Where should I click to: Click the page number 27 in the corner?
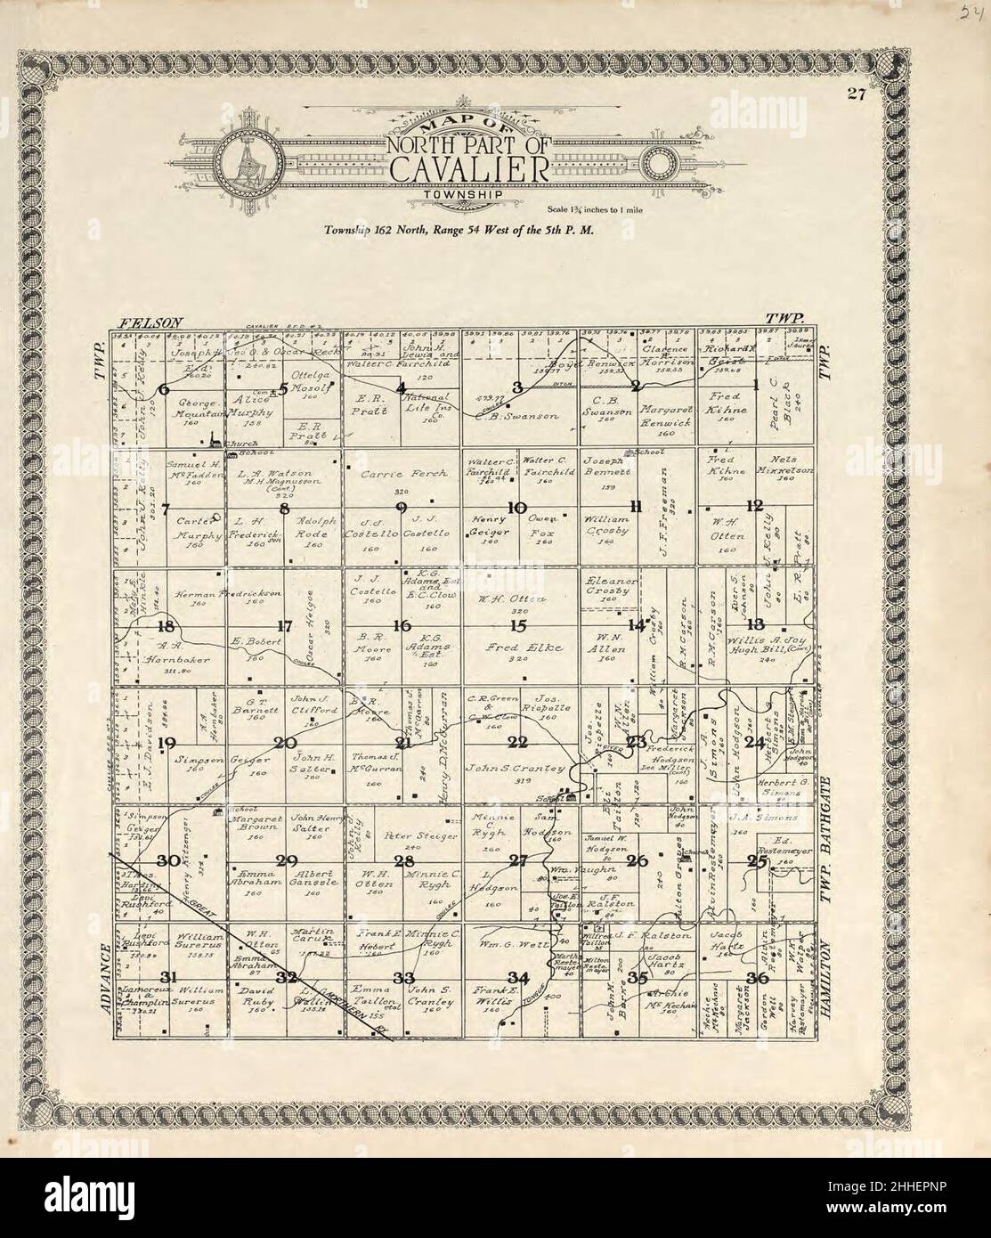pos(857,99)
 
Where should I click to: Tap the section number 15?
pos(518,625)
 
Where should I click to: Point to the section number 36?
pos(758,978)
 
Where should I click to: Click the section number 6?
pos(164,388)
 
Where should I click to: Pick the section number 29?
pos(286,860)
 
